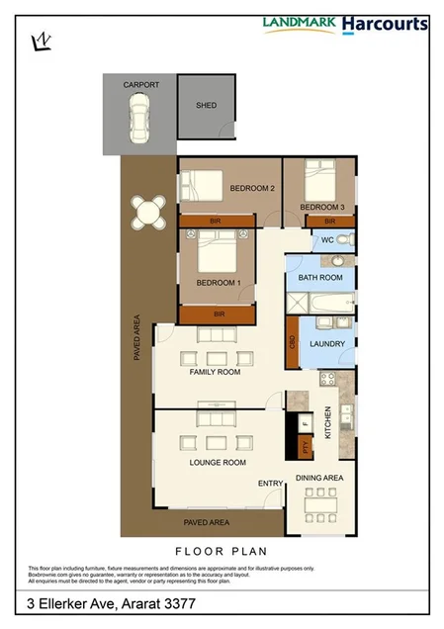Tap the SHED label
pos(206,106)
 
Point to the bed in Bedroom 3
pos(319,180)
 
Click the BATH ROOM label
pos(320,278)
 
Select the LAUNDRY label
pos(326,344)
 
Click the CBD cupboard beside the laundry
pos(293,341)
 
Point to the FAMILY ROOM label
pos(216,373)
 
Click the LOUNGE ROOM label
pos(218,462)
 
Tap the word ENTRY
pos(270,483)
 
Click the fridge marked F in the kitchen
pos(306,424)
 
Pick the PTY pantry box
pos(305,446)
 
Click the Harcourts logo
pos(385,24)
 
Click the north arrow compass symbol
pos(41,41)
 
